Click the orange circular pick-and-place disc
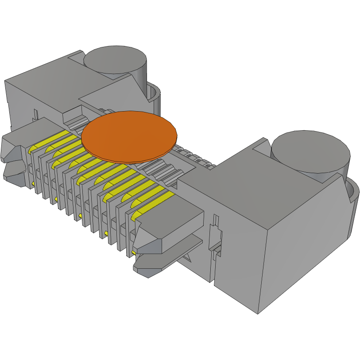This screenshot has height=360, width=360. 129,135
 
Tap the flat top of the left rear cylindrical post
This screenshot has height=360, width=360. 115,59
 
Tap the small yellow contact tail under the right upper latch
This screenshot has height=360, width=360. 133,253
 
